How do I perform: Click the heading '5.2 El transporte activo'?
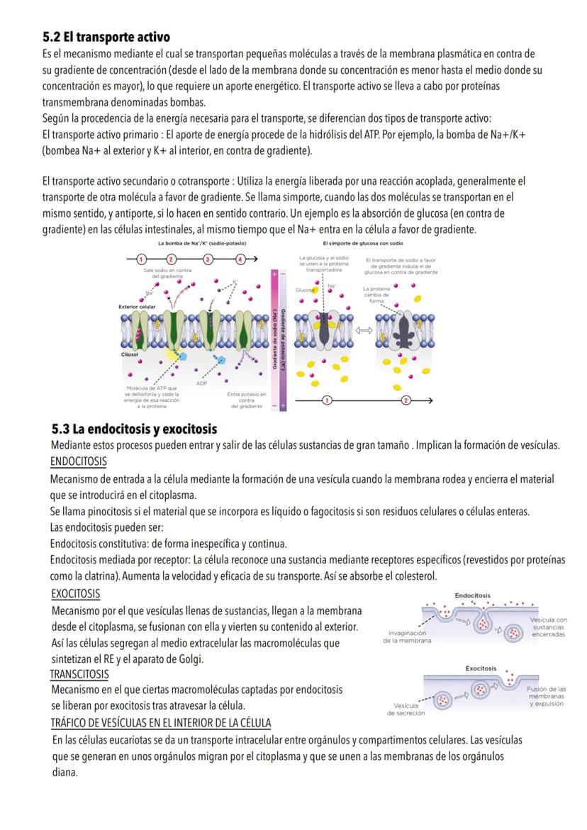(x=106, y=36)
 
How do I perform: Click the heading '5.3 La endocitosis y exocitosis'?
(x=134, y=430)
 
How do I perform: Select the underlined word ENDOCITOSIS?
(x=78, y=461)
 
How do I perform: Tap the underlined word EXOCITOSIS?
(x=76, y=593)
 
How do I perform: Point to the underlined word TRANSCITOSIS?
(x=79, y=673)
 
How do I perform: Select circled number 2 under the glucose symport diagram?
(x=406, y=400)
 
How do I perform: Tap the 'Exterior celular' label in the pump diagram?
(x=138, y=307)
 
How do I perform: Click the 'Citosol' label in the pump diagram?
(x=130, y=352)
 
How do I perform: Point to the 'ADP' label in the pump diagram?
(x=203, y=383)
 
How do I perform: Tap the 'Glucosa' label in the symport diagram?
(x=305, y=290)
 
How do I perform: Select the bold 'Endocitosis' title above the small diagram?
(x=472, y=595)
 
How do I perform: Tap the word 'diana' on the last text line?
(x=65, y=773)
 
